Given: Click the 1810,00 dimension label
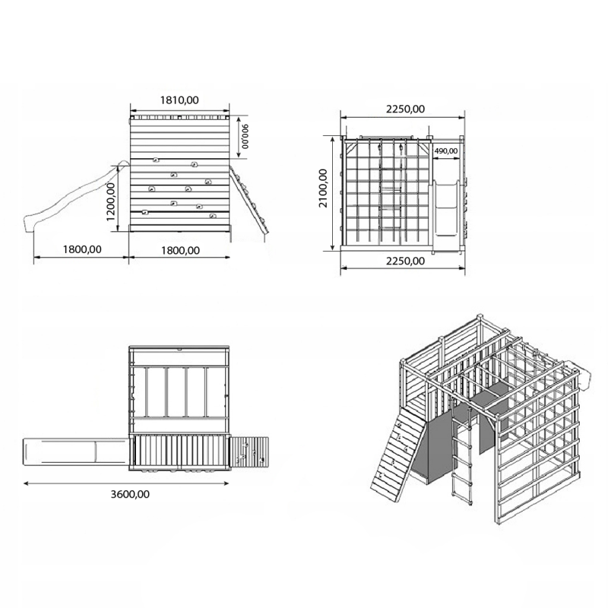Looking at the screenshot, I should pyautogui.click(x=179, y=100).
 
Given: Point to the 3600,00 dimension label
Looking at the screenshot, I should pyautogui.click(x=130, y=494).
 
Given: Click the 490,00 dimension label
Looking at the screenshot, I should pyautogui.click(x=445, y=150).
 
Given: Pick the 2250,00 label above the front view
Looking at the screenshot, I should pyautogui.click(x=404, y=109).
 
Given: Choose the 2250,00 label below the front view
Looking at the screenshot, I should pyautogui.click(x=404, y=261).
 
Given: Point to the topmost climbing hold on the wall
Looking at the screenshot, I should pyautogui.click(x=157, y=160).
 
